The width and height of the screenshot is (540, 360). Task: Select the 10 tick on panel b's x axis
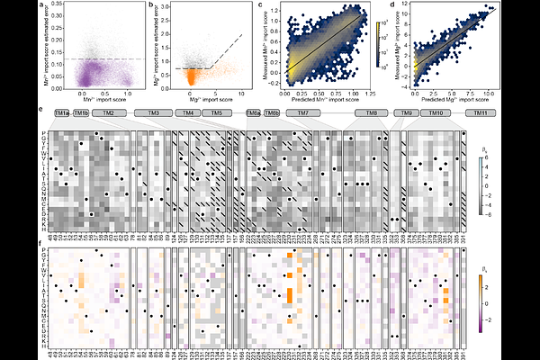[x=216, y=94]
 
